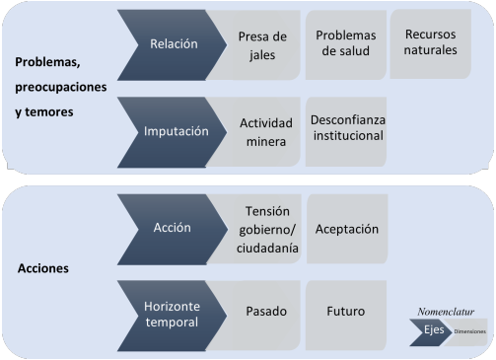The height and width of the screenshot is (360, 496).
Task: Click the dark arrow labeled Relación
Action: click(172, 44)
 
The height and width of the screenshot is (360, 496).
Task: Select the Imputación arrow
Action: click(173, 130)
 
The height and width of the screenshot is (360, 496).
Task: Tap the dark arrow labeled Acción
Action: click(173, 228)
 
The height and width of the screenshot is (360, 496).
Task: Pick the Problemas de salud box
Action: click(345, 43)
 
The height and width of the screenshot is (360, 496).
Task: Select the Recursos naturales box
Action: click(431, 42)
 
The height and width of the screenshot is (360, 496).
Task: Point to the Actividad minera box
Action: click(262, 132)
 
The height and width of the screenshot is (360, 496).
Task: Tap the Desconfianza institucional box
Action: click(346, 127)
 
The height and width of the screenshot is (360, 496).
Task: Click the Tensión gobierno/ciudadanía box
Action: click(262, 230)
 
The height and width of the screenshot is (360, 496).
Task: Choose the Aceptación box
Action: click(346, 229)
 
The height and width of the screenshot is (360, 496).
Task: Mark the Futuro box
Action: click(346, 312)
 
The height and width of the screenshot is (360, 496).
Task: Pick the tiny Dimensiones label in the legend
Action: click(469, 331)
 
